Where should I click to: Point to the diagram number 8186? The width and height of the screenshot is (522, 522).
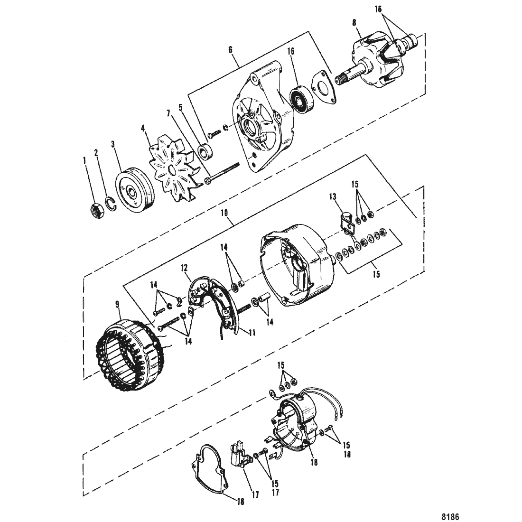pos(450,517)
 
